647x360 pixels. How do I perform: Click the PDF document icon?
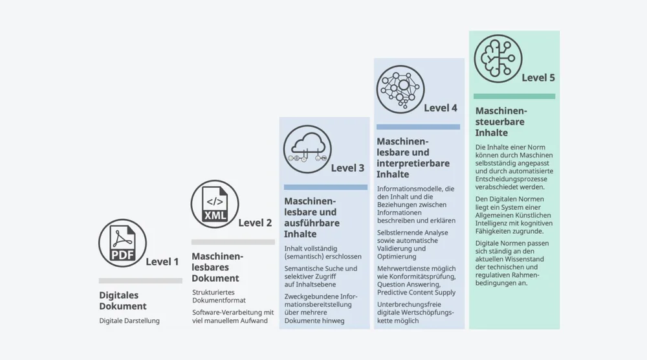tap(122, 243)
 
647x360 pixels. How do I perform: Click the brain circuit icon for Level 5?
tap(497, 58)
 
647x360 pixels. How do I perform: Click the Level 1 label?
tap(162, 262)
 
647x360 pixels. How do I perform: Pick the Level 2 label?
tap(255, 223)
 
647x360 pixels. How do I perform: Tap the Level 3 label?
tap(347, 168)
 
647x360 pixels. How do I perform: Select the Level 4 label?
tap(441, 107)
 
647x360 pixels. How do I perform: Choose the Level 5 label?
tap(538, 78)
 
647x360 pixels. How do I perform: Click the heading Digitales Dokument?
tap(123, 300)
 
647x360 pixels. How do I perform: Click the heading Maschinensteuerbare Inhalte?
tap(500, 122)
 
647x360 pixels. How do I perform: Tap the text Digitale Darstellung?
tap(129, 321)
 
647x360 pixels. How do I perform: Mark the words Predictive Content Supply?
tap(417, 293)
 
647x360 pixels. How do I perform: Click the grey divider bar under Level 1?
tap(140, 280)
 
